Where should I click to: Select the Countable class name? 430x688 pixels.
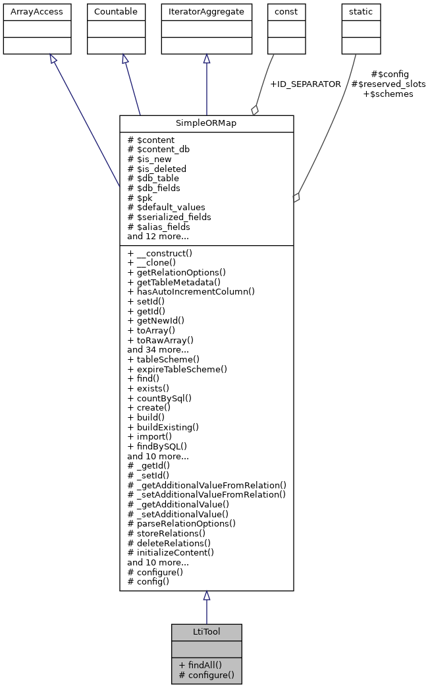tap(116, 12)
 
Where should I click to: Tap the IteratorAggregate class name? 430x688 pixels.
tap(207, 12)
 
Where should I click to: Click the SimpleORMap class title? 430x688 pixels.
tap(206, 124)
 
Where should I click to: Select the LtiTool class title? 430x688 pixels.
tap(206, 632)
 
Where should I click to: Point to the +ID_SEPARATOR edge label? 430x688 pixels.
tap(306, 84)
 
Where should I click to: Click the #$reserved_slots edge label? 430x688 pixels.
tap(388, 84)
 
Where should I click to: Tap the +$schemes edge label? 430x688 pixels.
tap(388, 94)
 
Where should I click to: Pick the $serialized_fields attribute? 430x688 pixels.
tap(169, 217)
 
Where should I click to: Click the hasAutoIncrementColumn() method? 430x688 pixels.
tap(191, 291)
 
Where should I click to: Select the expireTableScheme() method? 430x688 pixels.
tap(177, 369)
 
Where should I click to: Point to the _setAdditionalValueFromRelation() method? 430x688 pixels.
tap(207, 494)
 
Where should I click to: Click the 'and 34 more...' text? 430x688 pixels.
tap(158, 350)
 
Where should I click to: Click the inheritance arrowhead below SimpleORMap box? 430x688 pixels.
tap(206, 596)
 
